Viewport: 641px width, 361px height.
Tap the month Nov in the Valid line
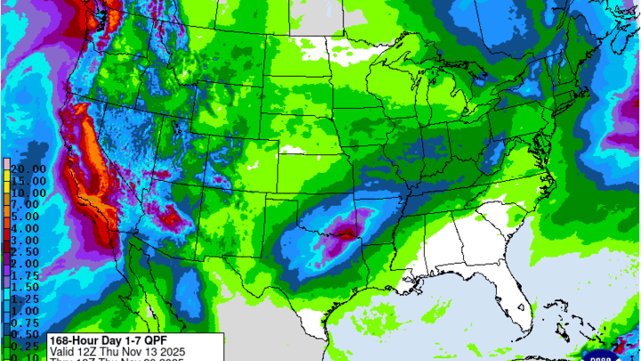tap(141, 351)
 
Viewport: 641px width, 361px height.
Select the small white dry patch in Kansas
tap(293, 150)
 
